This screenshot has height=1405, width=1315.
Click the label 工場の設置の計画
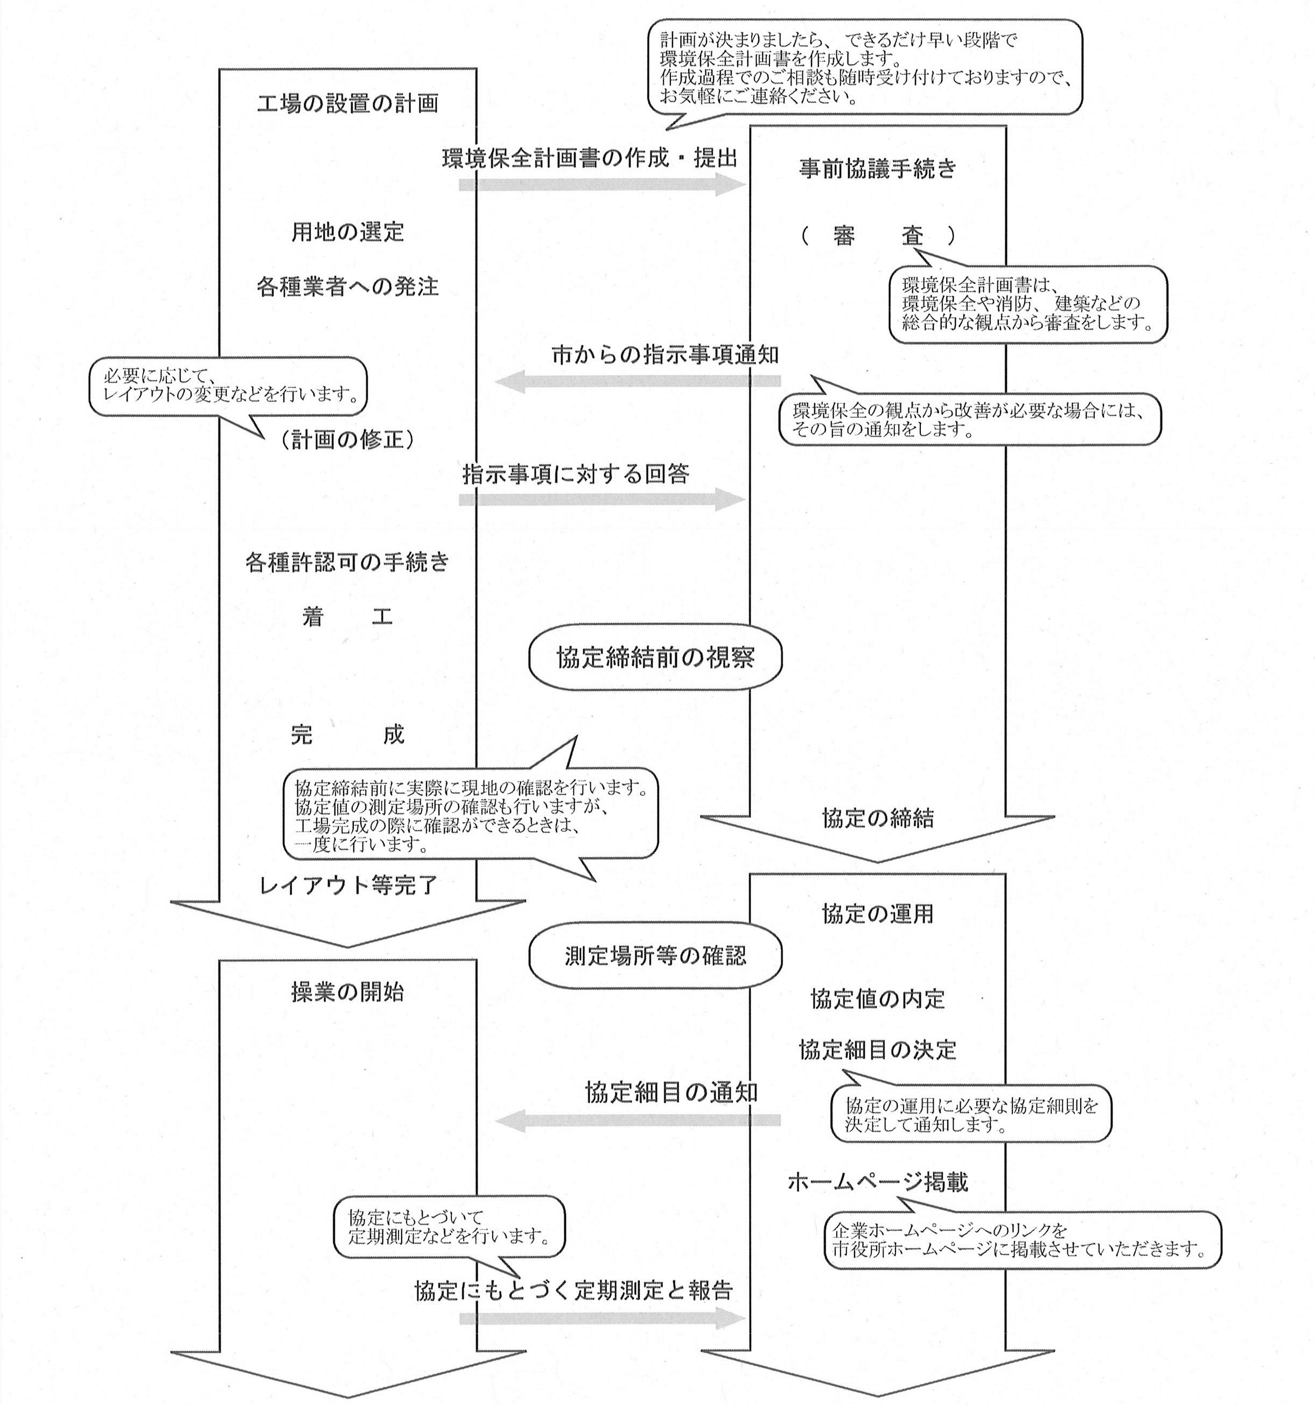pos(347,104)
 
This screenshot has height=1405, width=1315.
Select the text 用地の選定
pos(347,232)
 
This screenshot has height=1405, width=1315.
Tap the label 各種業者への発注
pos(347,287)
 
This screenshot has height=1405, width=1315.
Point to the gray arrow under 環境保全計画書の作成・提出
pos(601,185)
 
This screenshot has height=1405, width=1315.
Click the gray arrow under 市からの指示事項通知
pos(638,382)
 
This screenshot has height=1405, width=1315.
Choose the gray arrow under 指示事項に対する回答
pos(601,500)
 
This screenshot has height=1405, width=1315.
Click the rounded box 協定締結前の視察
pos(655,658)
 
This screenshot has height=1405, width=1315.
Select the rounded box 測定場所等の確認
pos(655,956)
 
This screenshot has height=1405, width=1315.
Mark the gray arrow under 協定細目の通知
pos(638,1120)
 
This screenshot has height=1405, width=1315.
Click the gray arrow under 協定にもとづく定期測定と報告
pos(601,1318)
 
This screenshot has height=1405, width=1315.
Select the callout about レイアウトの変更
pos(228,387)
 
